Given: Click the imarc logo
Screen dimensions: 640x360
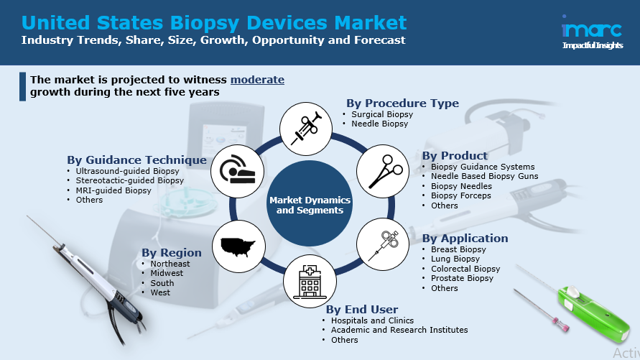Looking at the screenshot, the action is coord(593,32).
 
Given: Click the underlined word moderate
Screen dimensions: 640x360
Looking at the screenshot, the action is coord(257,80).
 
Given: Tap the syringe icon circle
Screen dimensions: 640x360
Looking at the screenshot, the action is coord(306,129).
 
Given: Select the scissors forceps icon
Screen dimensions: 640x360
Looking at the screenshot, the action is coord(383,171).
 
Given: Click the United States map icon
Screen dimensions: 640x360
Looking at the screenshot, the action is coord(238,246).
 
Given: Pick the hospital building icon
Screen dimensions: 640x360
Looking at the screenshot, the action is coord(310,281).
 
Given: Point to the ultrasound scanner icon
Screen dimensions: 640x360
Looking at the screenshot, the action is coord(237,171).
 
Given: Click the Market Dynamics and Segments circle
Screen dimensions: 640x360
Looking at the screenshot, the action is coord(310,203).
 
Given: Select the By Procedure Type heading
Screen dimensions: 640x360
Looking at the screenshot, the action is coord(402,103).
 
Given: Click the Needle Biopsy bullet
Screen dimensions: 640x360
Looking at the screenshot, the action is coord(379,124).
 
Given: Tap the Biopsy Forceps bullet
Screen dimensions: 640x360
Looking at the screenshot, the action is coord(461,195).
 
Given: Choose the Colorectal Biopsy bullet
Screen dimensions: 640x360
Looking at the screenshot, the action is coord(465,269).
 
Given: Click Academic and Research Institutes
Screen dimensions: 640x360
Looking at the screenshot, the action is coord(399,330).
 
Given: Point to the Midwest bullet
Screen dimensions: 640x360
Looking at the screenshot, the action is coord(167,273).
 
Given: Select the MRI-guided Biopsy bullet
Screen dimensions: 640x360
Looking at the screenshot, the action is coord(113,190).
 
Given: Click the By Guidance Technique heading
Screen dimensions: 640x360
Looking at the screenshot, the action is coord(136,160).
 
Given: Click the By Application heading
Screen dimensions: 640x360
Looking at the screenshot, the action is coord(465,239).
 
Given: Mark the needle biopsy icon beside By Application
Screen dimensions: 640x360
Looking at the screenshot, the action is coord(383,244).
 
